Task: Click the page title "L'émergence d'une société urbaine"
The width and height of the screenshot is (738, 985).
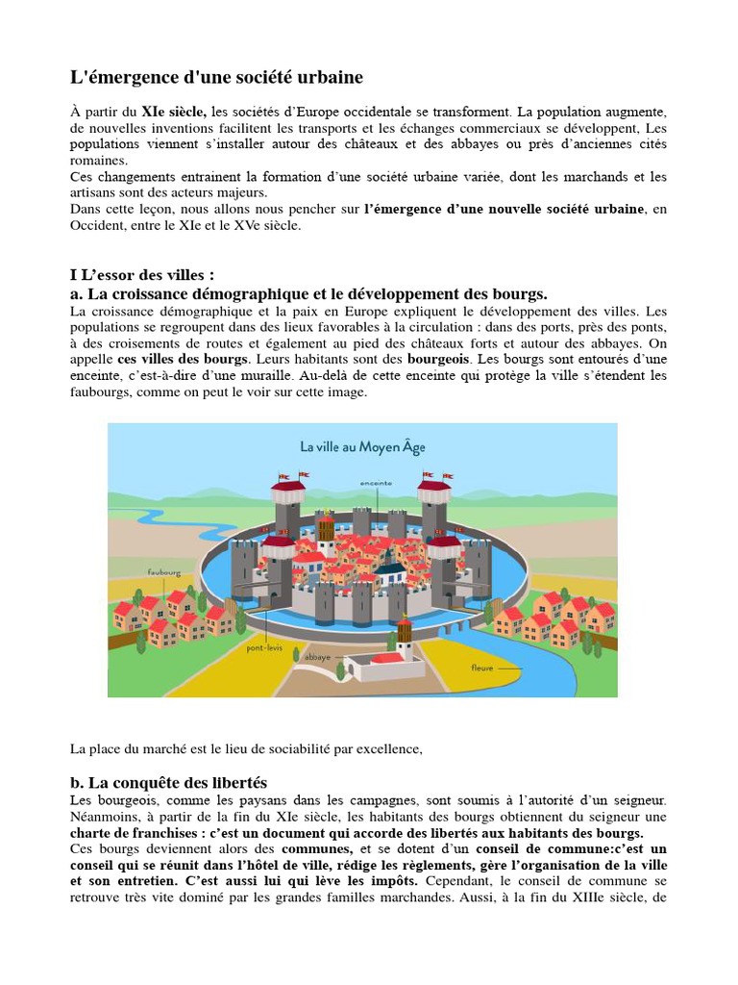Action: pyautogui.click(x=216, y=77)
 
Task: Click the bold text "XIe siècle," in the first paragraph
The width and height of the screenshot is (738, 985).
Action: pyautogui.click(x=174, y=112)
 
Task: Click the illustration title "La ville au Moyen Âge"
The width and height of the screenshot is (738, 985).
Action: pyautogui.click(x=362, y=446)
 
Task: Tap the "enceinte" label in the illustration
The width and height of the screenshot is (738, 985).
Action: pyautogui.click(x=376, y=482)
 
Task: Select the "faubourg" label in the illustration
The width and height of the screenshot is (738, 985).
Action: pyautogui.click(x=164, y=572)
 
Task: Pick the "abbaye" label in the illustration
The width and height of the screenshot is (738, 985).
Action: pyautogui.click(x=318, y=657)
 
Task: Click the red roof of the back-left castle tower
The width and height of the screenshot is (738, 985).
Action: pyautogui.click(x=287, y=486)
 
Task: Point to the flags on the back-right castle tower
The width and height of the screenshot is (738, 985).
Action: pyautogui.click(x=435, y=475)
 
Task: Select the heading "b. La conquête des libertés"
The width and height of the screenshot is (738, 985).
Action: pyautogui.click(x=168, y=782)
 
